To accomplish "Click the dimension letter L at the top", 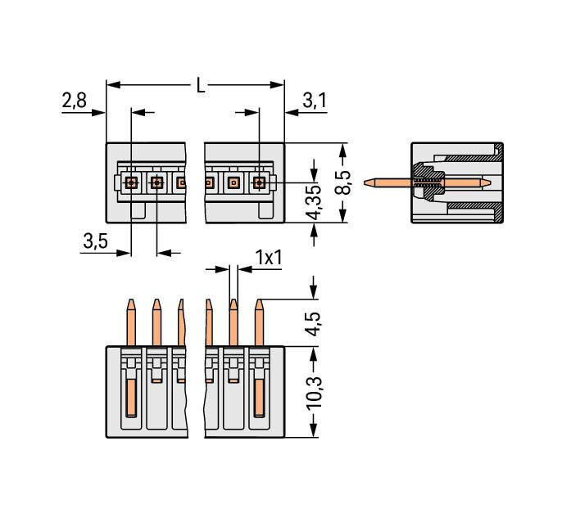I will tap(200, 85).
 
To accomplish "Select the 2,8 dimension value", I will tap(74, 101).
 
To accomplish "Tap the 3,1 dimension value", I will tap(315, 101).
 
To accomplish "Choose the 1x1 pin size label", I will tap(268, 258).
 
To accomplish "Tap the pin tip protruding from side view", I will tap(370, 182).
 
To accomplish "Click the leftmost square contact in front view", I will tap(131, 182).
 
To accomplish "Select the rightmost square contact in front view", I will tap(259, 182).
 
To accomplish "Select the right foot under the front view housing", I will tap(265, 212).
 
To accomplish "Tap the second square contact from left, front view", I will tap(156, 182).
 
